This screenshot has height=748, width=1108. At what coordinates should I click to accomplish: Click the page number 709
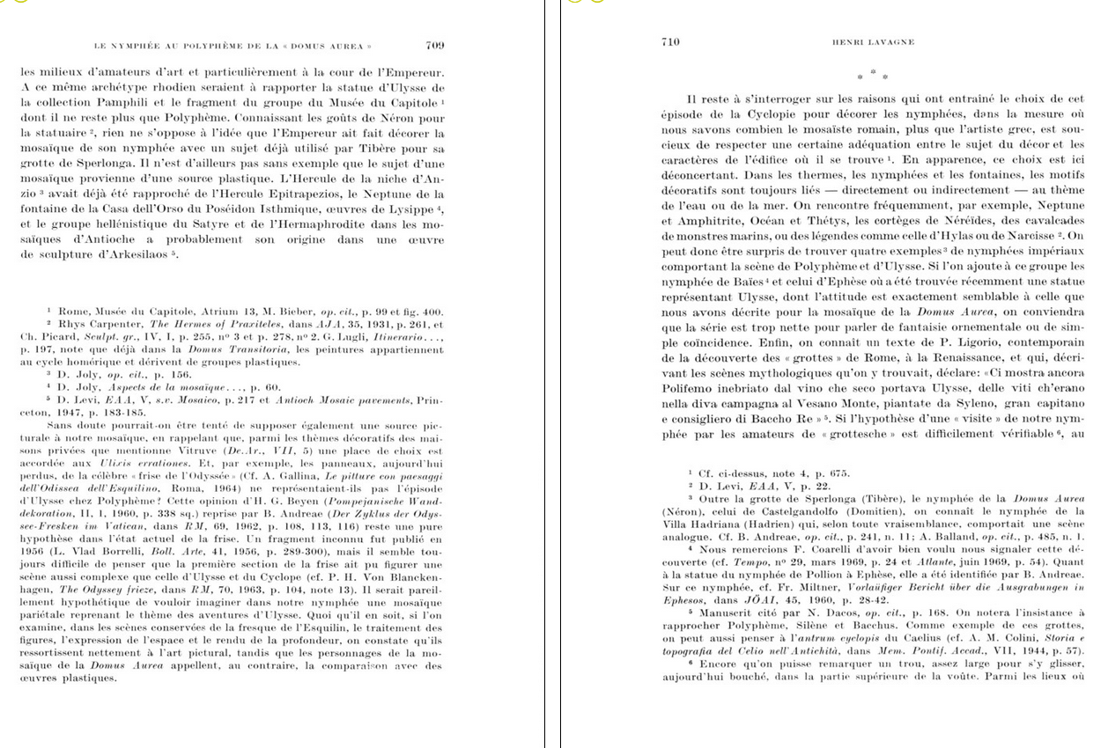click(434, 45)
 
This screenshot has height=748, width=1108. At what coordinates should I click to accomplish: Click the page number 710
click(669, 41)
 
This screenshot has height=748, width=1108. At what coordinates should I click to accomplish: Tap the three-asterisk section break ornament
click(872, 75)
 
